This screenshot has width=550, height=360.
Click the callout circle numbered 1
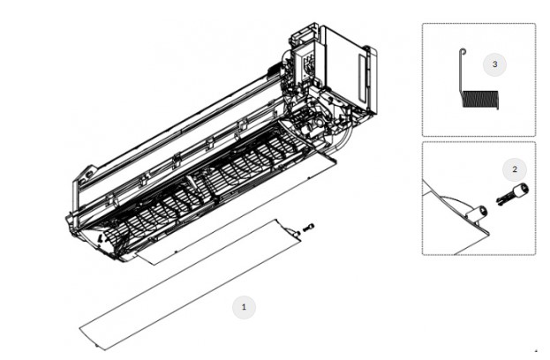(245, 307)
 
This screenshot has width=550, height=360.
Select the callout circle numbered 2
(515, 169)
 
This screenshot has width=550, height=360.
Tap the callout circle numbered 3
(494, 64)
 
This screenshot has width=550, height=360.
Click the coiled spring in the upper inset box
(480, 99)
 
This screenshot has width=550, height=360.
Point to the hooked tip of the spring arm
(463, 51)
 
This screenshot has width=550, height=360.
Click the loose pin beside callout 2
(512, 193)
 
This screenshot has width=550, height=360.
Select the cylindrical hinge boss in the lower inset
(478, 214)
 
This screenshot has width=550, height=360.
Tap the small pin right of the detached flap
(309, 228)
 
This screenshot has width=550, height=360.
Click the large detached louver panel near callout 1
(190, 286)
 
